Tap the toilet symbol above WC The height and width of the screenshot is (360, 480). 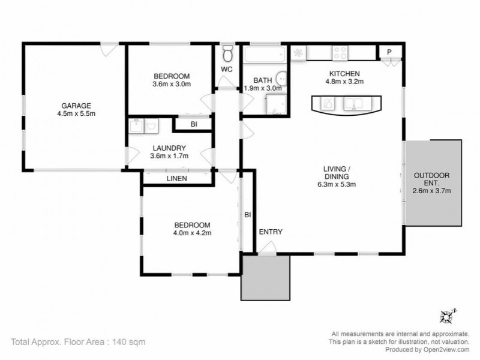tap(227, 55)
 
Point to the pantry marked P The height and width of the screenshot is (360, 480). tap(389, 53)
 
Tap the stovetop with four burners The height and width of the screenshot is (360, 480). tap(340, 53)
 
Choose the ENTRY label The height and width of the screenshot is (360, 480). tap(271, 232)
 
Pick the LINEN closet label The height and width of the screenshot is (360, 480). tap(176, 178)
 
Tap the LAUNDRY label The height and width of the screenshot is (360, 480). tap(169, 148)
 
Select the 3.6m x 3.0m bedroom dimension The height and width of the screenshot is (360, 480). tap(172, 85)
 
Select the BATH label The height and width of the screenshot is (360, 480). tap(262, 80)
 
